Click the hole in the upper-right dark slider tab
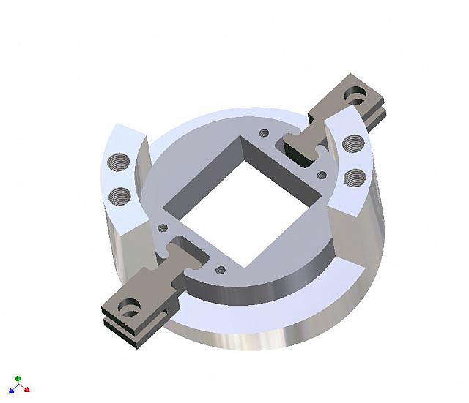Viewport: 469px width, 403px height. coord(358,95)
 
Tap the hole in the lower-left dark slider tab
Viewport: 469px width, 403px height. coord(130,307)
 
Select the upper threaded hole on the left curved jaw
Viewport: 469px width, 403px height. coord(119,160)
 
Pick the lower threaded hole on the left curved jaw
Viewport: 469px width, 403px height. coord(118,195)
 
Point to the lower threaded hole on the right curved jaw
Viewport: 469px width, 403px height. coord(354,176)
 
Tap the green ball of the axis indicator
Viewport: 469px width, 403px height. coord(18,379)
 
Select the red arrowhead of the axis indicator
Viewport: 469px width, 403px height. coord(27,390)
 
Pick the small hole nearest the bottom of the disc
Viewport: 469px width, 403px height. coord(221,270)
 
